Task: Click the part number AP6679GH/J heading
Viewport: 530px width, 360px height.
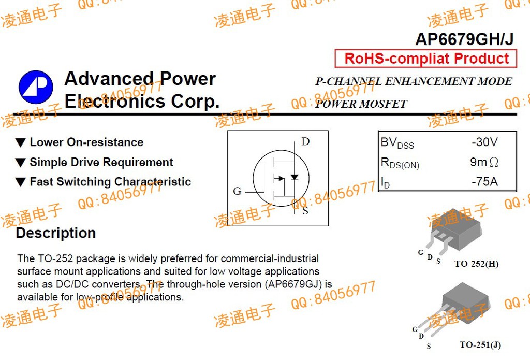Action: pyautogui.click(x=464, y=40)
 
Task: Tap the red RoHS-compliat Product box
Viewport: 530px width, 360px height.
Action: pyautogui.click(x=426, y=59)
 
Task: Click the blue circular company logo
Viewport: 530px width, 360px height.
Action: pyautogui.click(x=36, y=86)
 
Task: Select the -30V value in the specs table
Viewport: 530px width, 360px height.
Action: pyautogui.click(x=484, y=142)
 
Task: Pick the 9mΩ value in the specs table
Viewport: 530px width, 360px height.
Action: pyautogui.click(x=484, y=162)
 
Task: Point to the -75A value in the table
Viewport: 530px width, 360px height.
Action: pyautogui.click(x=484, y=182)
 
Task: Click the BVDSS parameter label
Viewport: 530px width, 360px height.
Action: pyautogui.click(x=397, y=143)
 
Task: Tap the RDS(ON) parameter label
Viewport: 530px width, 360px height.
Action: pyautogui.click(x=400, y=163)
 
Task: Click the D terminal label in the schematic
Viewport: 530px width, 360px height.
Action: pyautogui.click(x=305, y=142)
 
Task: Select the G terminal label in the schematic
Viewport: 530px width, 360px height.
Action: pyautogui.click(x=237, y=192)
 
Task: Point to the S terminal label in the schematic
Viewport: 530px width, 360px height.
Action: pyautogui.click(x=305, y=211)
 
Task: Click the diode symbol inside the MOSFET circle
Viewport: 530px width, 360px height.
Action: pyautogui.click(x=294, y=177)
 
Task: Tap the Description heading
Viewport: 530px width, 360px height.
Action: pyautogui.click(x=56, y=233)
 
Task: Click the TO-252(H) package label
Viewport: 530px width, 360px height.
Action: pyautogui.click(x=476, y=264)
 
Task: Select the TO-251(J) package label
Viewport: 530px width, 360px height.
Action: pyautogui.click(x=480, y=345)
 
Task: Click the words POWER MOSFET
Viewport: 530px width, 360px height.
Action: pyautogui.click(x=361, y=104)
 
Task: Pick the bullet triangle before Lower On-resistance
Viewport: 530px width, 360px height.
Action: pyautogui.click(x=20, y=142)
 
